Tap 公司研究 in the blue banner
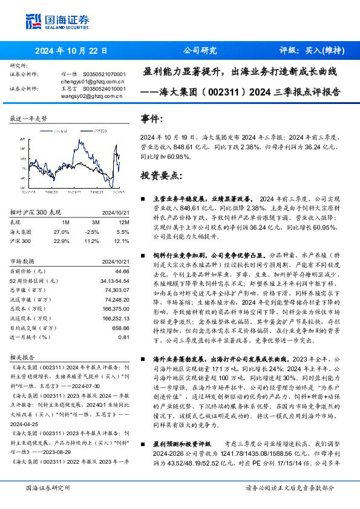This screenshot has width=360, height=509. [199, 51]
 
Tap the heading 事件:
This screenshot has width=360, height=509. [151, 119]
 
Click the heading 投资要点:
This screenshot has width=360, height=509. [161, 176]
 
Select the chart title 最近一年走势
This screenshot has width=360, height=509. [28, 119]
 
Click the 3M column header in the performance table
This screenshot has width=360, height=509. [92, 222]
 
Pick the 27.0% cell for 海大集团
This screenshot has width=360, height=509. [62, 232]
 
